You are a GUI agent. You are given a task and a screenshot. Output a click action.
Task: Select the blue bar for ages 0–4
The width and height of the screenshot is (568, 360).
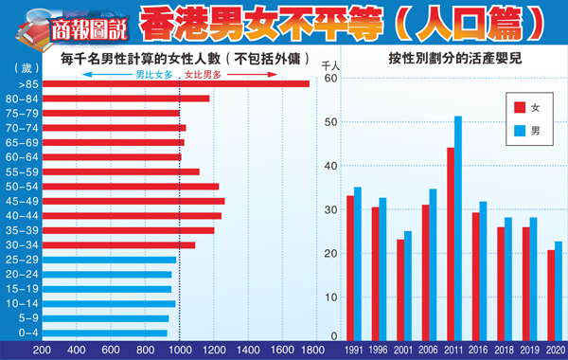pos(104,333)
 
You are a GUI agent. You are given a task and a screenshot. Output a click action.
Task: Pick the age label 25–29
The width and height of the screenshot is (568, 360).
pos(21,260)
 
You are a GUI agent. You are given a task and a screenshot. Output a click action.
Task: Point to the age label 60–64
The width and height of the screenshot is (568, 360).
pos(21,157)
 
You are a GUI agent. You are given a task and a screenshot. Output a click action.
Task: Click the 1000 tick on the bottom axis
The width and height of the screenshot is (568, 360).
pos(180,351)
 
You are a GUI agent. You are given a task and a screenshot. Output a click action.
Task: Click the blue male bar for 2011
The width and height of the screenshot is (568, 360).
pos(458,227)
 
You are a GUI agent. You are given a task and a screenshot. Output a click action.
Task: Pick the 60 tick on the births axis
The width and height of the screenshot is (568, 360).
pos(330,79)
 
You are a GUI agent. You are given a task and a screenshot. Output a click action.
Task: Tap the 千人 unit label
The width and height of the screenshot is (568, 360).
pos(330,65)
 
